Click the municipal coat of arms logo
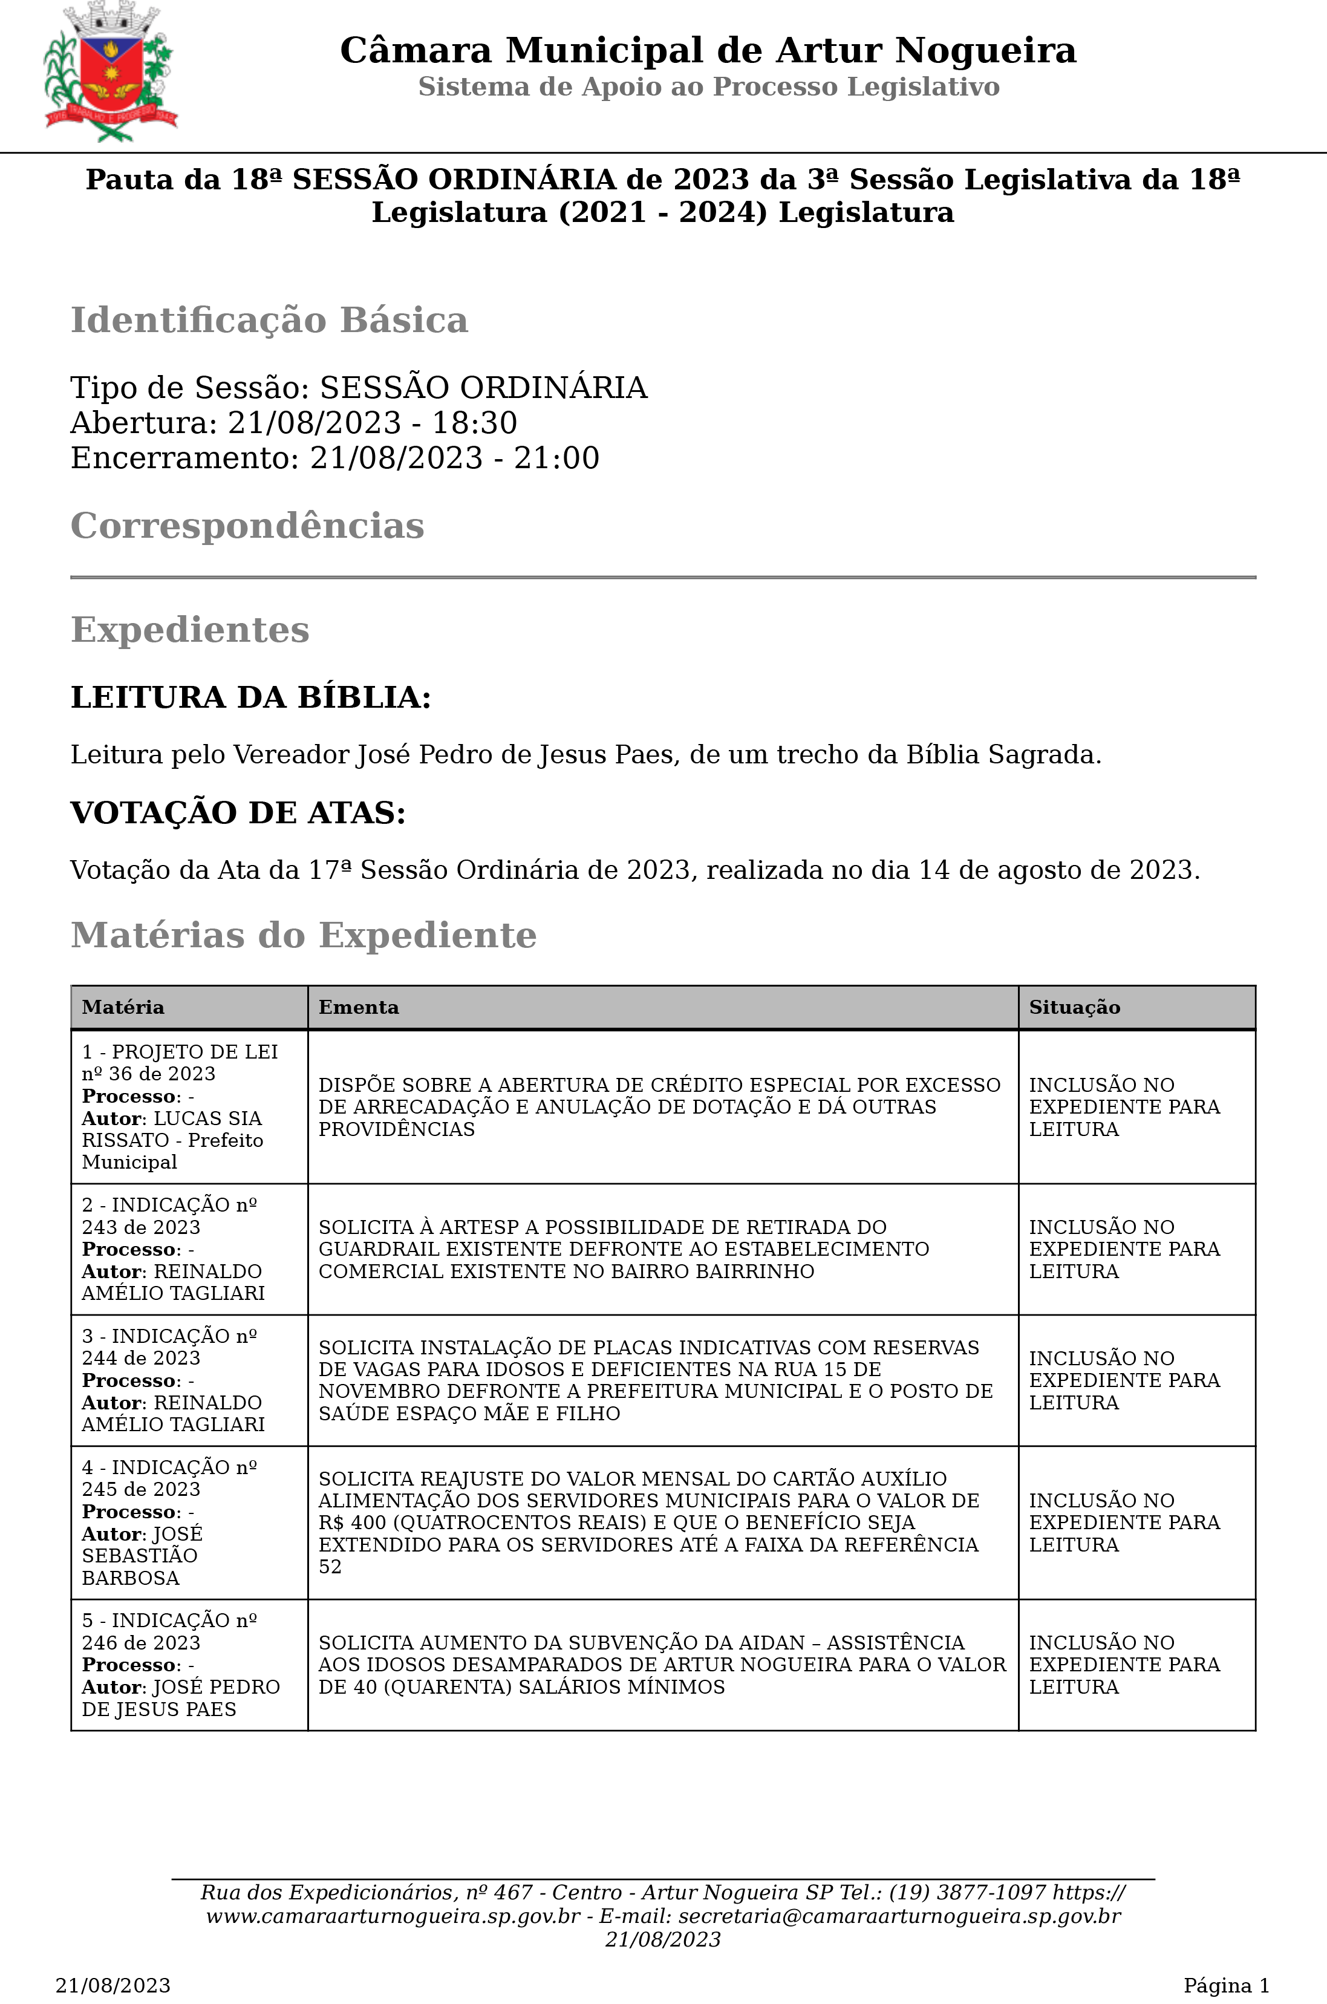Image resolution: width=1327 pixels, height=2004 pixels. [111, 72]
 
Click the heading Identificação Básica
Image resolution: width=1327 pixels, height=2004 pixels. [269, 321]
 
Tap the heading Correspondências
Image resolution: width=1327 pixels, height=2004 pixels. [247, 526]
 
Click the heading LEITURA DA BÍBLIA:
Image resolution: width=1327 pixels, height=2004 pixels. [250, 697]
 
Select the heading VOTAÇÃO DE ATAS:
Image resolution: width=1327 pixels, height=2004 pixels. [238, 812]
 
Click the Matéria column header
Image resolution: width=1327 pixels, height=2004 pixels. [123, 1007]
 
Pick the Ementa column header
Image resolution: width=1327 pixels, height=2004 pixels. [358, 1007]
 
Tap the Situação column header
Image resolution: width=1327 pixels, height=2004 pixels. [1074, 1007]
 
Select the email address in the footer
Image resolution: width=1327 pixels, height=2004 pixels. [899, 1916]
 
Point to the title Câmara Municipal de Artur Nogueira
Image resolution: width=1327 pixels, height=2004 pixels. [708, 51]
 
